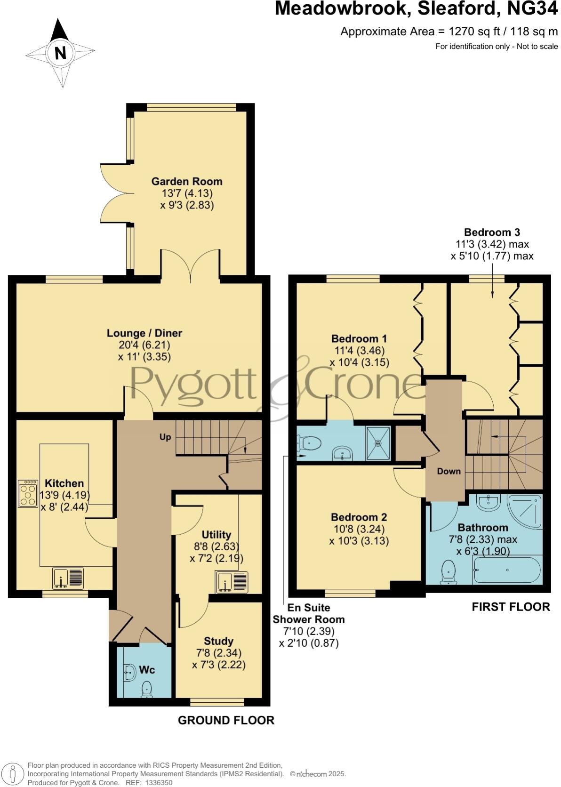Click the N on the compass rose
coord(60,53)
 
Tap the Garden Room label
coord(187,181)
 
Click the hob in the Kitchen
coord(28,493)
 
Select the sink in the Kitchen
coord(68,578)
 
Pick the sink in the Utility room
coord(232,582)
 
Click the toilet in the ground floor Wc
coord(147,689)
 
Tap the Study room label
coord(218,641)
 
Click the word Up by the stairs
coord(165,437)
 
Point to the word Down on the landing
coord(449,471)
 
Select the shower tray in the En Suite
coord(378,443)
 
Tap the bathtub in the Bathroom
coord(507,570)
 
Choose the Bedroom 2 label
coord(359,517)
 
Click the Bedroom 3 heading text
coord(492,232)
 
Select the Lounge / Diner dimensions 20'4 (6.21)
coord(144,345)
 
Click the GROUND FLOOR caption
coord(226,720)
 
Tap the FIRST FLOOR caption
coord(511,607)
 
